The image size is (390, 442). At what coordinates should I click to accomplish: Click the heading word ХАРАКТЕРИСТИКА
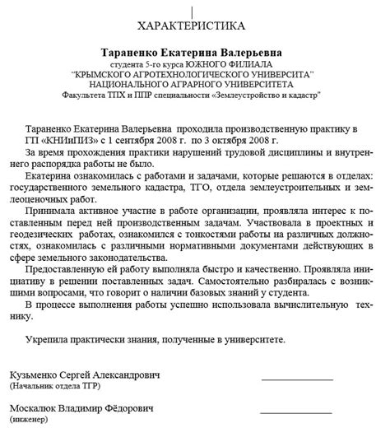pyautogui.click(x=195, y=24)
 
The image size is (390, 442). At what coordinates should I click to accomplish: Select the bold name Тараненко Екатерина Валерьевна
pyautogui.click(x=195, y=51)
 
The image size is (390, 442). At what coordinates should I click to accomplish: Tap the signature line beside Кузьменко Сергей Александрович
pyautogui.click(x=296, y=379)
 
